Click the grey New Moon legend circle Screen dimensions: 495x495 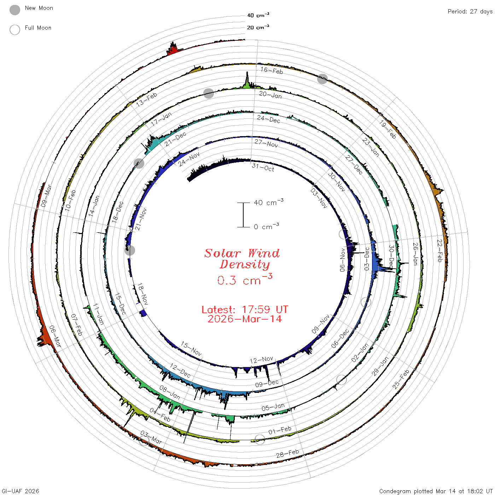click(14, 10)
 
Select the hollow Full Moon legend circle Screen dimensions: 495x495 click(14, 30)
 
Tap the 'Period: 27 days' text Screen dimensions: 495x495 click(470, 12)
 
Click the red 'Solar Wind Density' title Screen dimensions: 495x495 click(242, 259)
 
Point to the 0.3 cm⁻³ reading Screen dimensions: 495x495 click(245, 280)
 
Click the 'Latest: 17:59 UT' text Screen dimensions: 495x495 click(245, 309)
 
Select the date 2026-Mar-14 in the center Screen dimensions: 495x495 click(245, 319)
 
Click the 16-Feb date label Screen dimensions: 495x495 click(272, 70)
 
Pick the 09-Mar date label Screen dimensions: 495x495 click(46, 196)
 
